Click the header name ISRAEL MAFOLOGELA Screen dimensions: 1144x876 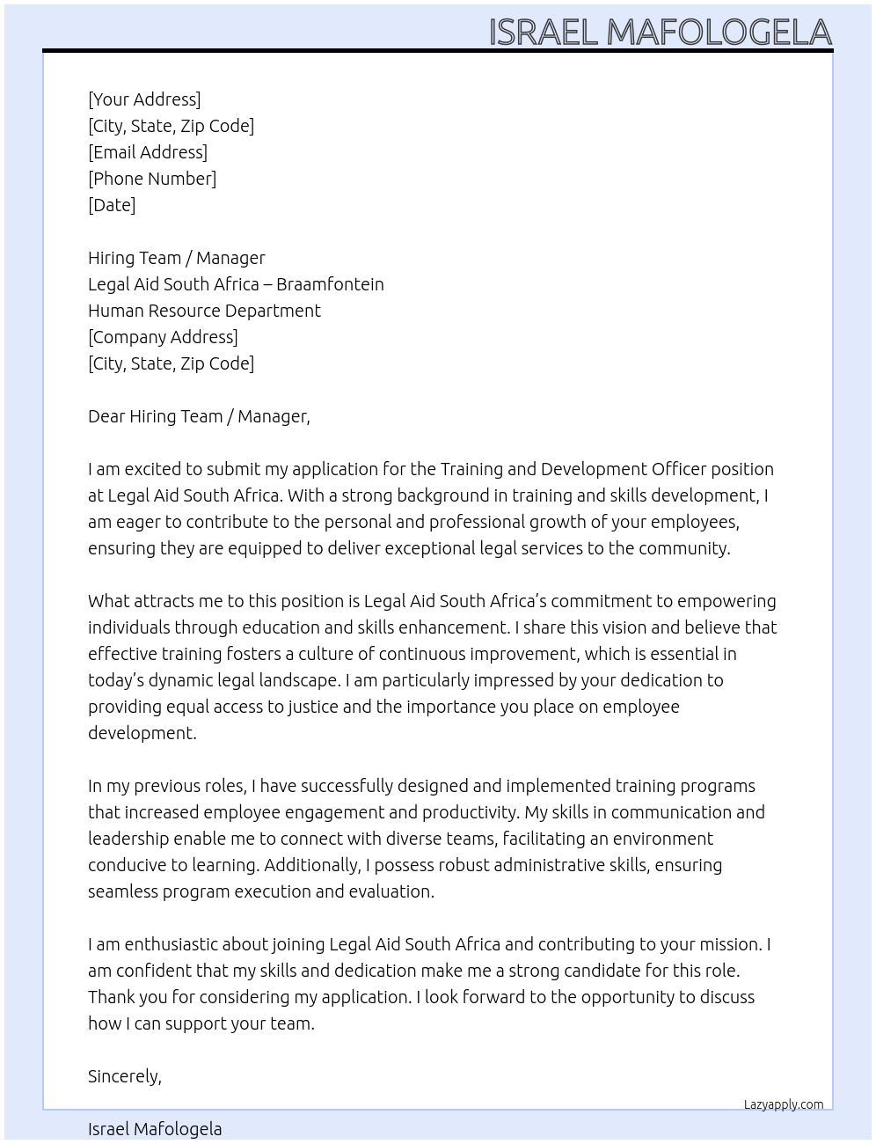point(660,32)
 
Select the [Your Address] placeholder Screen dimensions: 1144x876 point(144,99)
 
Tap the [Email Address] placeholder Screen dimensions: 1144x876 point(148,152)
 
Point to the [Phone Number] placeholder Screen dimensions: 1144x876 point(152,179)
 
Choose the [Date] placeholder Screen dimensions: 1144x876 point(112,205)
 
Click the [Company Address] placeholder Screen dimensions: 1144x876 point(163,337)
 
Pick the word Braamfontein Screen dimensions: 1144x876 point(330,284)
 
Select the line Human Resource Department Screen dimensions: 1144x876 point(204,311)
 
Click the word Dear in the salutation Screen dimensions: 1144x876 point(106,416)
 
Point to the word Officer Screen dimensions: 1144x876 point(679,469)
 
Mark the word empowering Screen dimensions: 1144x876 point(727,602)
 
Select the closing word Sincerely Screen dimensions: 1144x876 point(124,1076)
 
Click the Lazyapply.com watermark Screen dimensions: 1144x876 point(784,1104)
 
